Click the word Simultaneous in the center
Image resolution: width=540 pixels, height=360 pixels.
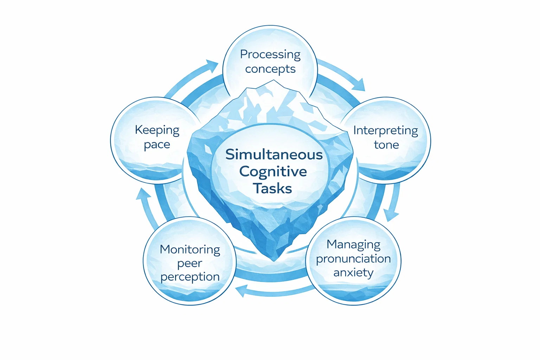coord(274,155)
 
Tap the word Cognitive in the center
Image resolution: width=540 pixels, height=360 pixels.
coord(273,172)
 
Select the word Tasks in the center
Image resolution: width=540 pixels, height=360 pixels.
coord(272,188)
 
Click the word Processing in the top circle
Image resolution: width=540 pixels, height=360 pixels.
coord(270,55)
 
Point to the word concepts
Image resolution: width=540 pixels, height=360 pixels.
coord(270,69)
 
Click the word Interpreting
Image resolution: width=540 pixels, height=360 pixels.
coord(386,131)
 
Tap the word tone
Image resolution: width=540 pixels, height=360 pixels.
coord(386,145)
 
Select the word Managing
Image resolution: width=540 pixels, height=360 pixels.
coord(353,245)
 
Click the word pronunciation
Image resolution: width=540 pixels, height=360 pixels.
coord(353,259)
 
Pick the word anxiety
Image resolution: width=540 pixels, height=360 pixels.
coord(353,272)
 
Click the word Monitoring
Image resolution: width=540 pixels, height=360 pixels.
coord(190,250)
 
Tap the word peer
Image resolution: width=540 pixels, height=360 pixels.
coord(189,263)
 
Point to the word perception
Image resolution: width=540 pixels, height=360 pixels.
coord(190,277)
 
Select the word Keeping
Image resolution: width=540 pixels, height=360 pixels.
coord(157,130)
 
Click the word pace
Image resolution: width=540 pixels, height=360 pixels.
coord(157,145)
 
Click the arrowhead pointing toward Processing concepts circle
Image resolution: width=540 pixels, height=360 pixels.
coord(212,65)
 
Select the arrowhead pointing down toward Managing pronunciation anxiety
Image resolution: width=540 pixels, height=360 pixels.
coord(391,214)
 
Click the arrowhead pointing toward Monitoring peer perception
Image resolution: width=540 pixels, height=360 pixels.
coord(241,291)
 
